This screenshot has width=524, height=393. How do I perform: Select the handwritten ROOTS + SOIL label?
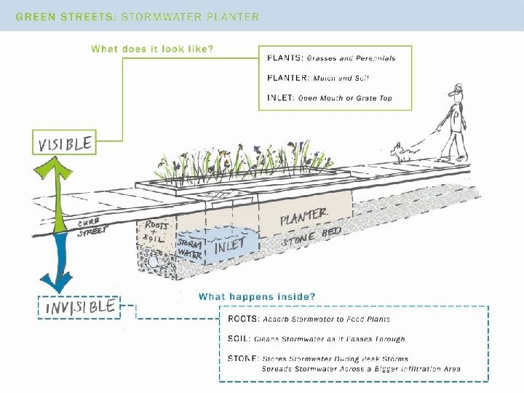point(156,231)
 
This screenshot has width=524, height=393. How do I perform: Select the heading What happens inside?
point(257,296)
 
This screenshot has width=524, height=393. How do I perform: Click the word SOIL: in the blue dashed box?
point(241,339)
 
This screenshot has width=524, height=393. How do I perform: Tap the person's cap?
point(456,90)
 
